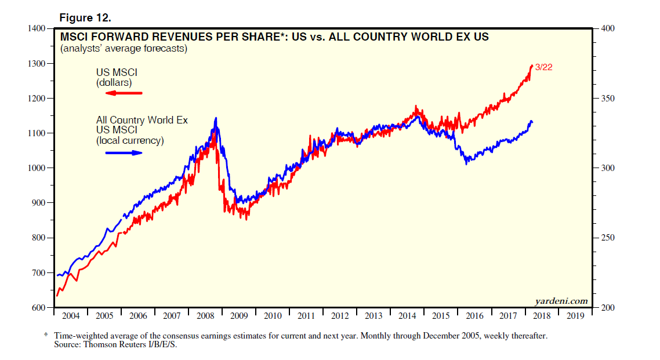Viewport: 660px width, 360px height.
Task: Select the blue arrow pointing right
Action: pyautogui.click(x=124, y=152)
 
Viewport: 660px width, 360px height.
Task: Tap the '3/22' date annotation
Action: pyautogui.click(x=543, y=67)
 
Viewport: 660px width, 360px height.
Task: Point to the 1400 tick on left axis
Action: pyautogui.click(x=38, y=28)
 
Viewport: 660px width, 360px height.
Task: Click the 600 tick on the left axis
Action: pyautogui.click(x=40, y=307)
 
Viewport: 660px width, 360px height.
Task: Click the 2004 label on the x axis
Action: pyautogui.click(x=70, y=316)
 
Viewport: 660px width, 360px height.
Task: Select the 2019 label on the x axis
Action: pyautogui.click(x=575, y=316)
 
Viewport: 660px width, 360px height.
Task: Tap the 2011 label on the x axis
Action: pyautogui.click(x=306, y=316)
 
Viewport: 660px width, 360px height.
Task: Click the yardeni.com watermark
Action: pyautogui.click(x=561, y=301)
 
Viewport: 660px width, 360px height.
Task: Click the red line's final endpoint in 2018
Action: pyautogui.click(x=532, y=66)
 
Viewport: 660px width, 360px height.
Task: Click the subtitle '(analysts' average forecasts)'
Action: pyautogui.click(x=123, y=49)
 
